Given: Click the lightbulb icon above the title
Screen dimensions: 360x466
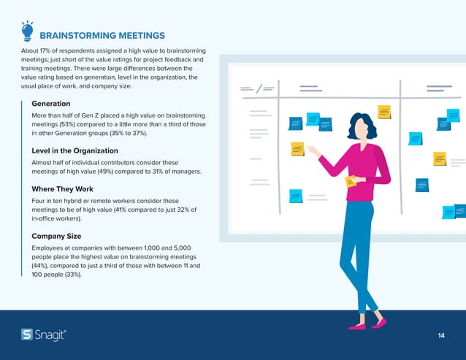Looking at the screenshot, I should click(x=27, y=31).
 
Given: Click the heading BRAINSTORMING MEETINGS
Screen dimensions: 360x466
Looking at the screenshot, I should click(x=102, y=35).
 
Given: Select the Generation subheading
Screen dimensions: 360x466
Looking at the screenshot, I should click(x=51, y=103).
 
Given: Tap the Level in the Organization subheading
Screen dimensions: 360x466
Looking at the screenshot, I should click(x=75, y=150).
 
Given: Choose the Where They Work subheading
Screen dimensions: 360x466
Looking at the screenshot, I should click(x=63, y=189).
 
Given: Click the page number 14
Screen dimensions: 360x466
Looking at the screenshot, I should click(x=441, y=335).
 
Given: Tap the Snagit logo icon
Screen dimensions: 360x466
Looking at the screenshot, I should click(x=27, y=334).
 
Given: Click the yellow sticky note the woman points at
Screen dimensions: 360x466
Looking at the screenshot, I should click(x=297, y=148).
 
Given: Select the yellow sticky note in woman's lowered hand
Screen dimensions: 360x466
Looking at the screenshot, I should click(x=351, y=181).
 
